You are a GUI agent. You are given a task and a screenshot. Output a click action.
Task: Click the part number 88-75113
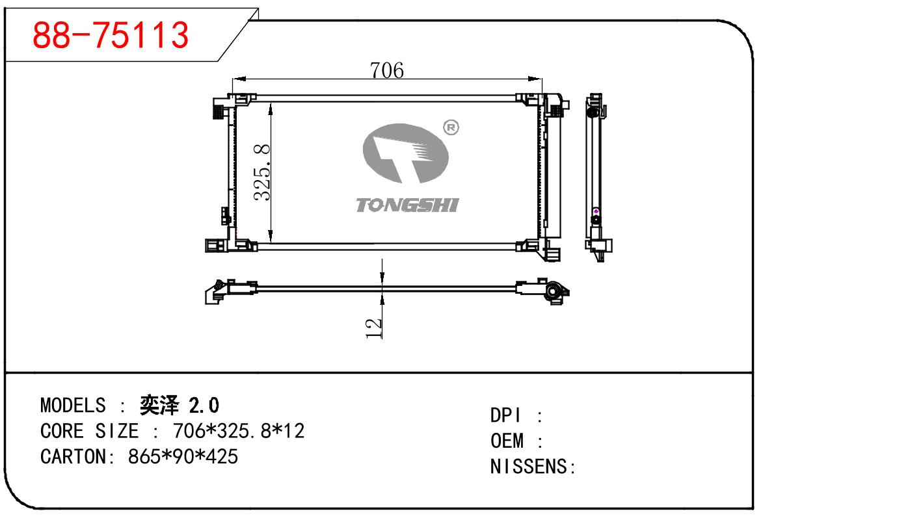pos(111,35)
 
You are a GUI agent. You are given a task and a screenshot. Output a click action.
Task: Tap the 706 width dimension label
pos(387,70)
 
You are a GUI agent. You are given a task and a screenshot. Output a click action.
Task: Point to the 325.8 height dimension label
pos(261,172)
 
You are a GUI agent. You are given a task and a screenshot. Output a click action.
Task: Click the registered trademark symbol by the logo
pos(450,128)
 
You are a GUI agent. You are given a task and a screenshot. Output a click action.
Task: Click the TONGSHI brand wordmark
pos(407,205)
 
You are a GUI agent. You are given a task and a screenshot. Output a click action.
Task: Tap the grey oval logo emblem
pos(406,153)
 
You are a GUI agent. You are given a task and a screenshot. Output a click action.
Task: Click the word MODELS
pos(72,406)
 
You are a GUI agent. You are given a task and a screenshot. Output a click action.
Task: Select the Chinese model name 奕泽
pos(159,406)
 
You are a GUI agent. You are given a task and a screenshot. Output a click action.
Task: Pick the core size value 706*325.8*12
pos(238,431)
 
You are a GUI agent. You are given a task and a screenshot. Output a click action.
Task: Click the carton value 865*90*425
pos(183,456)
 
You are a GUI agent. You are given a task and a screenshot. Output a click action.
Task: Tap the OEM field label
pos(507,441)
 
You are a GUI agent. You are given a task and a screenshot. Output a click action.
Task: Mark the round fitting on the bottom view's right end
pos(555,293)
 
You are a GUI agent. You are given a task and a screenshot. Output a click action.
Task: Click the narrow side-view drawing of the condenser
pos(595,175)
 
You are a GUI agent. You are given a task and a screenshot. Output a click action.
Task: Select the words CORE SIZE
pos(89,431)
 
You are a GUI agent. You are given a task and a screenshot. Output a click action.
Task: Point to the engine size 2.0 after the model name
pos(204,406)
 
